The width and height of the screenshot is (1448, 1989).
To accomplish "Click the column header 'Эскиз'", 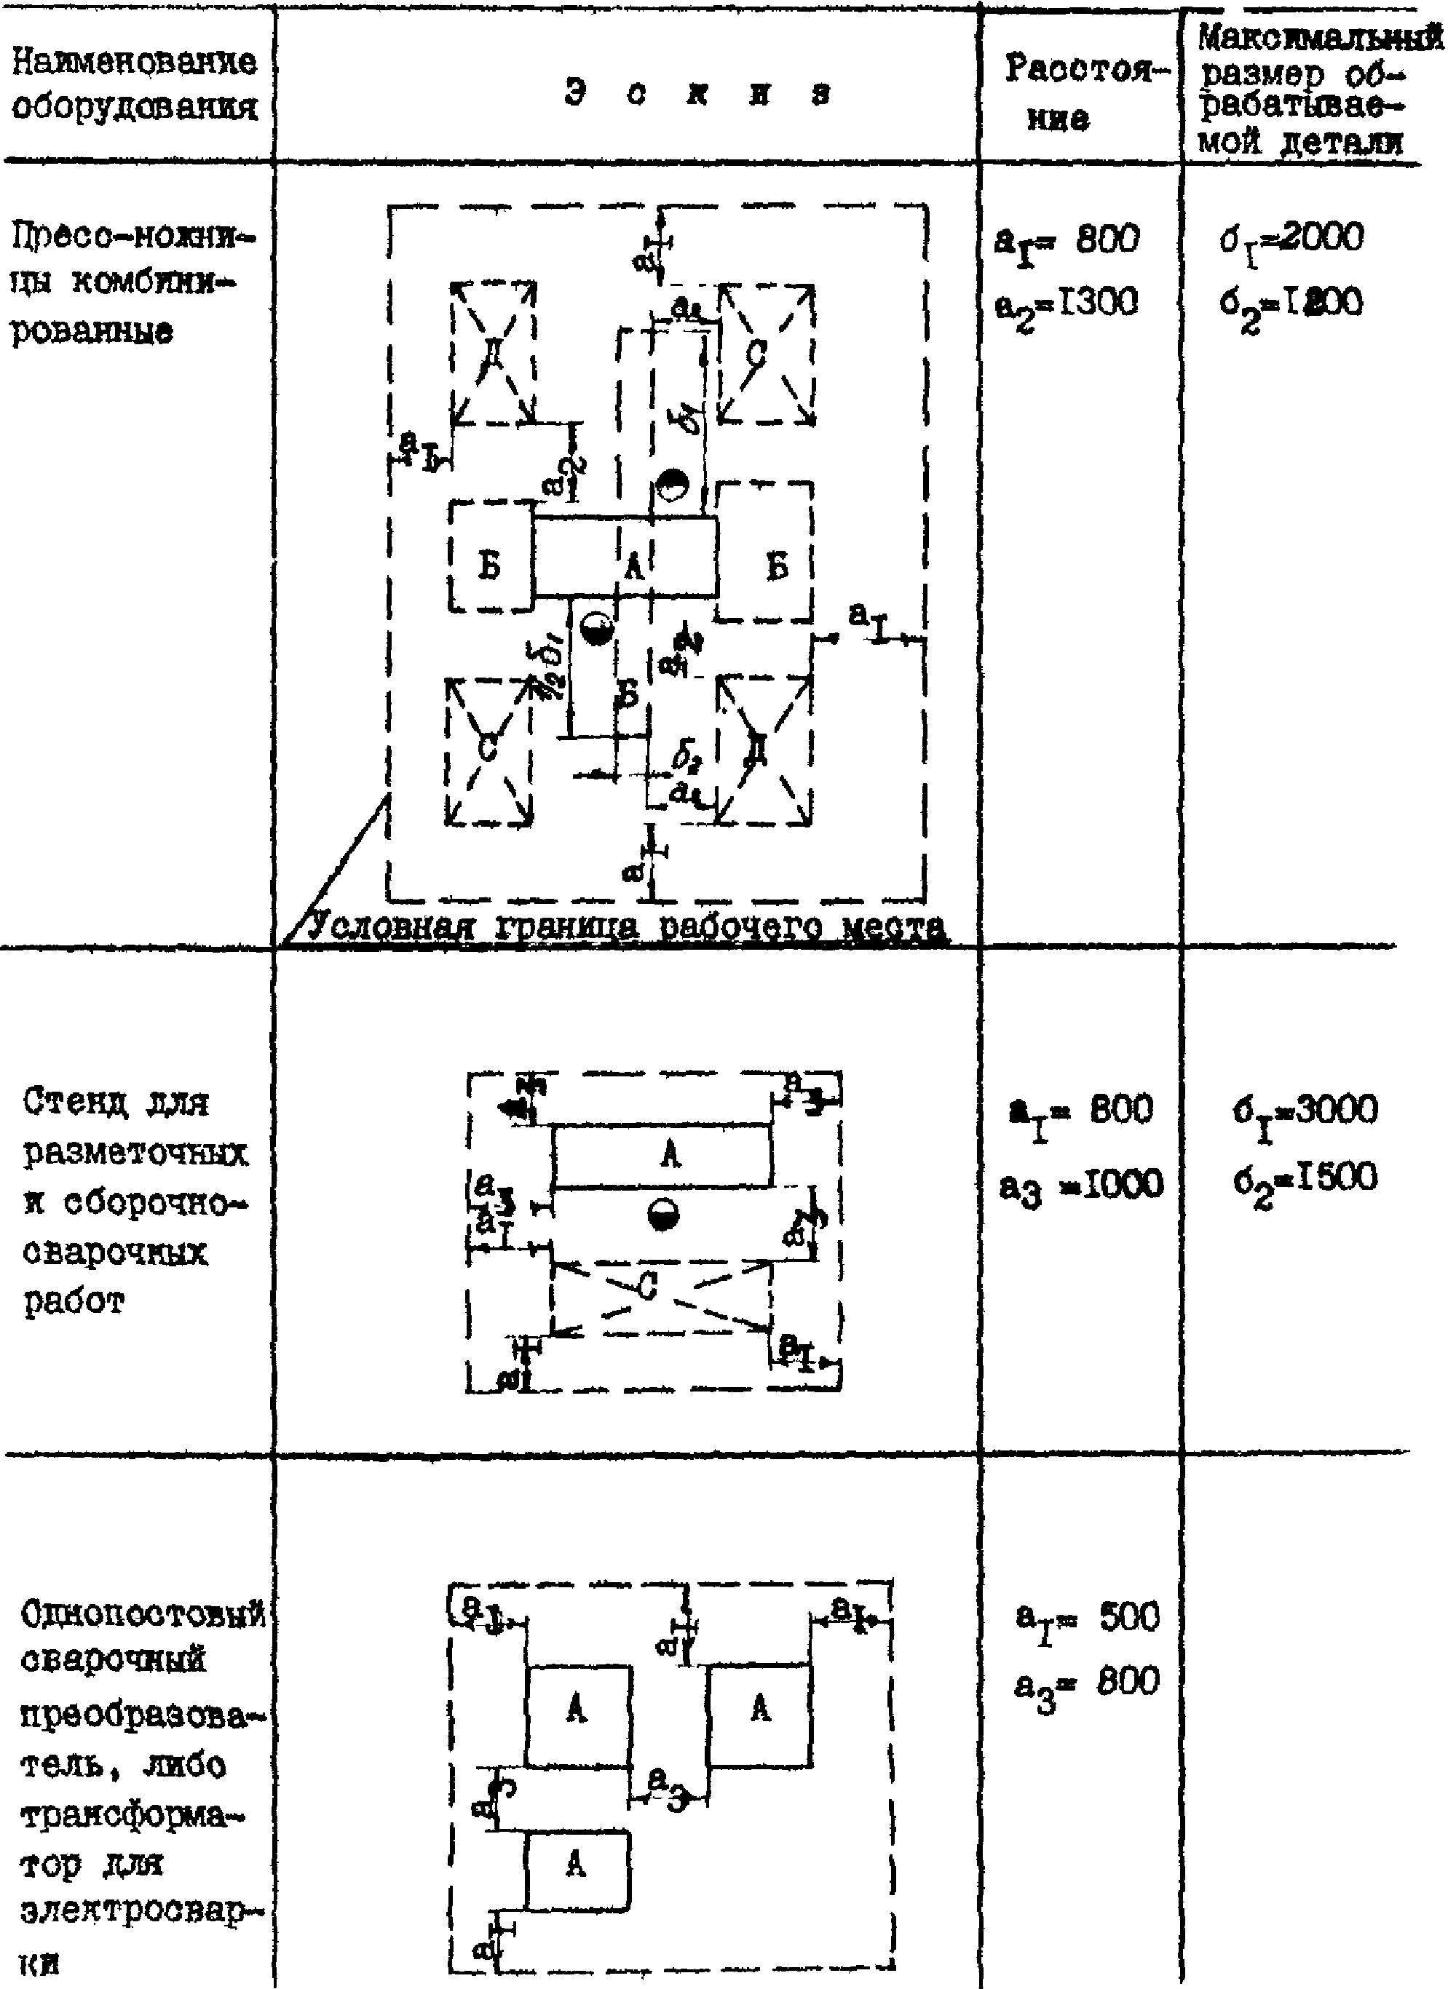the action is tap(697, 94).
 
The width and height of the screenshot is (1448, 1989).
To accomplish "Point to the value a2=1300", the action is tap(1067, 305).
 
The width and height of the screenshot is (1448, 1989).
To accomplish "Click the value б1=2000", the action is tap(1291, 239).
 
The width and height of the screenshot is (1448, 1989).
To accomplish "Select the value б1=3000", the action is tap(1304, 1111).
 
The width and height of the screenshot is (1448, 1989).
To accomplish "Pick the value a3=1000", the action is tap(1080, 1186).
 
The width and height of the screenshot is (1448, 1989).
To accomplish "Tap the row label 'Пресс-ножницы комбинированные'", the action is tap(132, 283).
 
